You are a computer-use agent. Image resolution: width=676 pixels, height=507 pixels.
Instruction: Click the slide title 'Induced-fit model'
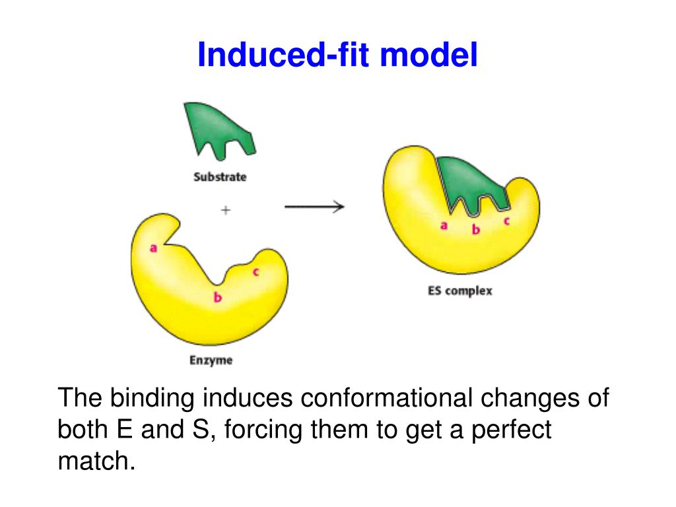pos(337,55)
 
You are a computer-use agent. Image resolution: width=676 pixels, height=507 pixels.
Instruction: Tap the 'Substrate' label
pos(220,177)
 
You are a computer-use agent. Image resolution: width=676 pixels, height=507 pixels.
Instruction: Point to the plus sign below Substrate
pos(226,210)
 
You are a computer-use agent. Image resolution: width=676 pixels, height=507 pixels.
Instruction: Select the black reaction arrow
pos(314,207)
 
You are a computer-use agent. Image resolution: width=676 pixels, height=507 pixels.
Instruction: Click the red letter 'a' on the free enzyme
pos(153,248)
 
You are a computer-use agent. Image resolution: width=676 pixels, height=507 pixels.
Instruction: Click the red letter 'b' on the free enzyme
pos(217,298)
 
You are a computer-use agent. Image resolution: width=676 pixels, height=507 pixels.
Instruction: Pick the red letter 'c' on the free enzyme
pos(255,271)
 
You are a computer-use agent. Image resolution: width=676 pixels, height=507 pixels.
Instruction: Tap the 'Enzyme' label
pos(211,360)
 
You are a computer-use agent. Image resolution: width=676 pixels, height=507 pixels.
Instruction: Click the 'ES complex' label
pos(459,290)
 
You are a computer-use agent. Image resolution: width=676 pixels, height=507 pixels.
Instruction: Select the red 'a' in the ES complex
pos(444,225)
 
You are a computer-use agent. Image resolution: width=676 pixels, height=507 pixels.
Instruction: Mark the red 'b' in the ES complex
pos(475,230)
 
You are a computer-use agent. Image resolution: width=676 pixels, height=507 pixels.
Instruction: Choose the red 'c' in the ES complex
pos(506,221)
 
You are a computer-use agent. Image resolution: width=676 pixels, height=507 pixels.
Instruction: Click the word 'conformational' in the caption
pos(387,398)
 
